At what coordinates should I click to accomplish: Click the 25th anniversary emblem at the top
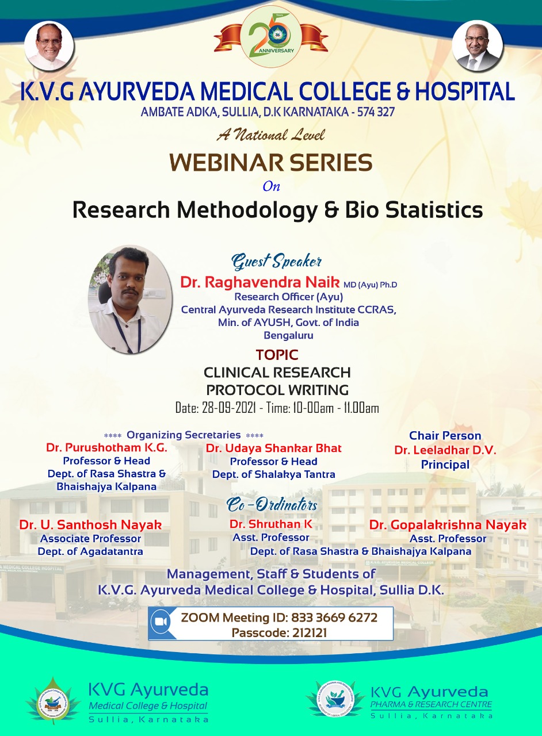pos(270,36)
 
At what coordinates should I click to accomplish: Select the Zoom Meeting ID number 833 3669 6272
pos(334,618)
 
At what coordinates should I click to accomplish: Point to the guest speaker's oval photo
pos(130,299)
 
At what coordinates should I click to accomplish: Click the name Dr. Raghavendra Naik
pos(260,282)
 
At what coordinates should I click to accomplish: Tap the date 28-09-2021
pos(228,408)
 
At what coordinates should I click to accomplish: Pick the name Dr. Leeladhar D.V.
pos(445,450)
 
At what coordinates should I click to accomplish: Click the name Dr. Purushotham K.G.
pos(106,447)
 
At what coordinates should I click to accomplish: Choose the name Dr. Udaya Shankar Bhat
pos(274,448)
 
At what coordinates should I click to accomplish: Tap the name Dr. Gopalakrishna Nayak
pos(448,525)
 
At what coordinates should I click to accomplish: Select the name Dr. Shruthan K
pos(270,524)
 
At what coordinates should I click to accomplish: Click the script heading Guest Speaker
pos(276,262)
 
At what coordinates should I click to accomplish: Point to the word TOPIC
pos(277,355)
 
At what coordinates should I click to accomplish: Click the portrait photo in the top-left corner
pos(49,47)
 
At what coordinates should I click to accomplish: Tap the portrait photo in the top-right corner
pos(477,47)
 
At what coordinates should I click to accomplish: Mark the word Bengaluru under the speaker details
pos(288,335)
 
